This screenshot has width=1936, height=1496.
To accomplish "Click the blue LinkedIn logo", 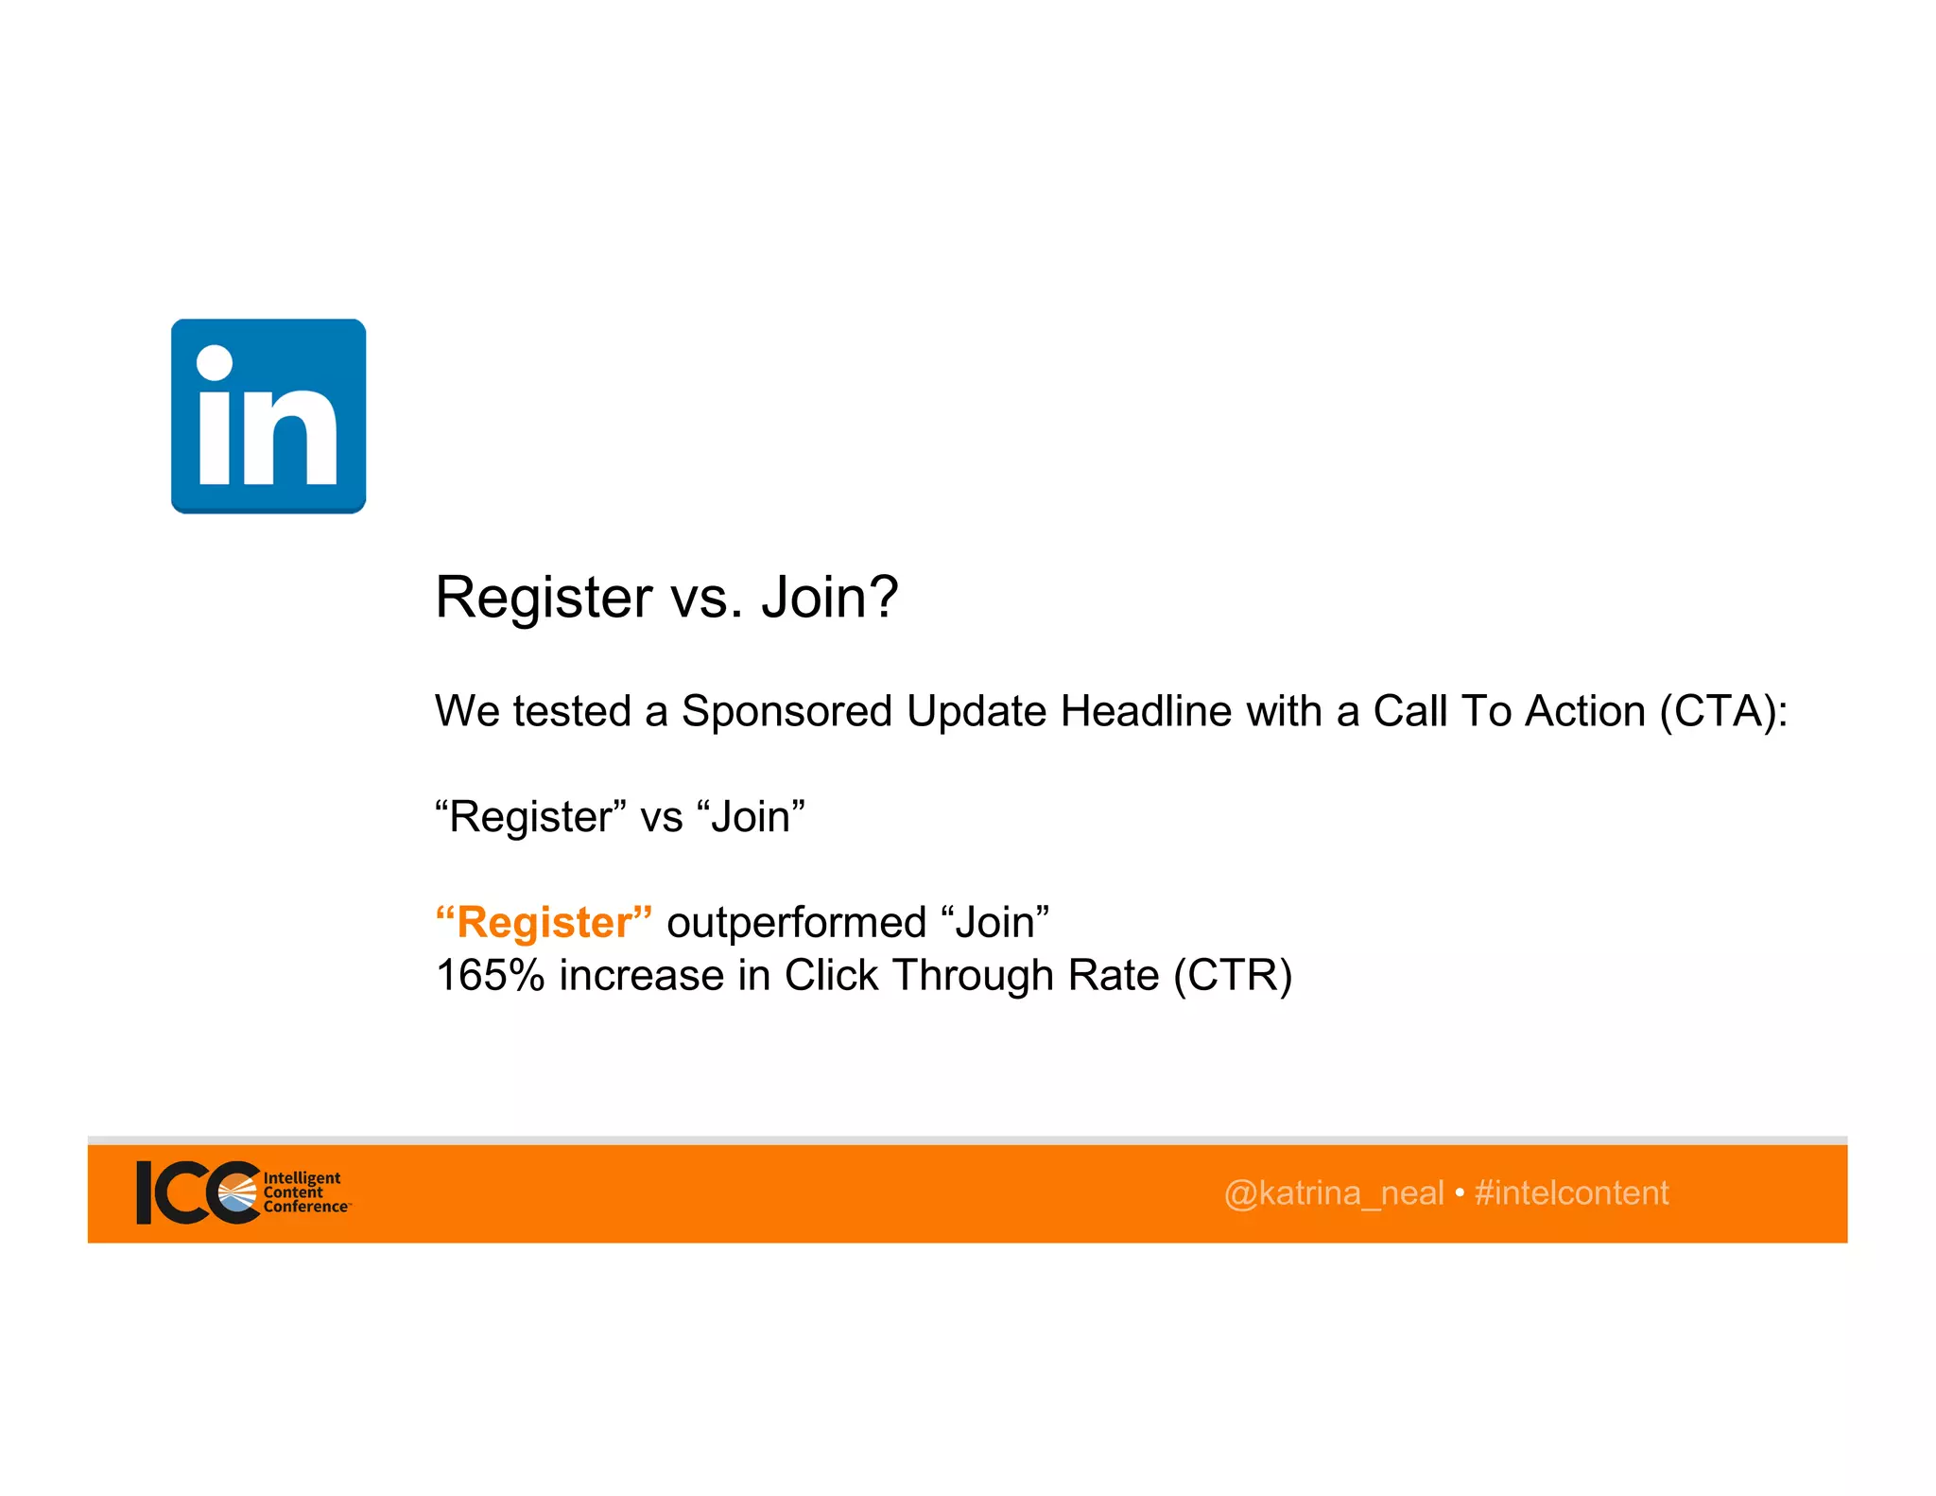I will [x=268, y=416].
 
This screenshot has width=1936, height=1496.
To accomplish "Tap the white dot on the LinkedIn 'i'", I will [x=215, y=363].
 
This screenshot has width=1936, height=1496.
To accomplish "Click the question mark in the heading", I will [x=882, y=598].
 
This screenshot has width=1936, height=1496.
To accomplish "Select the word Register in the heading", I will [x=544, y=598].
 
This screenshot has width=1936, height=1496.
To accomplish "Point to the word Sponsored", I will [x=786, y=711].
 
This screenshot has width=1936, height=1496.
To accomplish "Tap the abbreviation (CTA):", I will [x=1723, y=711].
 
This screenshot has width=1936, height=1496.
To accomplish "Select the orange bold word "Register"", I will [x=544, y=922].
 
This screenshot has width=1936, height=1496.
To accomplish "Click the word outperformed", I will [x=796, y=922].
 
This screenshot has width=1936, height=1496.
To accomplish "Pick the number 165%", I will [x=490, y=975].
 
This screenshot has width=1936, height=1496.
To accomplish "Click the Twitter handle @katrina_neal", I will [x=1333, y=1193].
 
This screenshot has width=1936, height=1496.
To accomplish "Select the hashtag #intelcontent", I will [x=1571, y=1193].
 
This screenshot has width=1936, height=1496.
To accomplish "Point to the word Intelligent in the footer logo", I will [x=302, y=1178].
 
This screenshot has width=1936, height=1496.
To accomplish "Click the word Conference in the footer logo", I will [x=305, y=1207].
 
